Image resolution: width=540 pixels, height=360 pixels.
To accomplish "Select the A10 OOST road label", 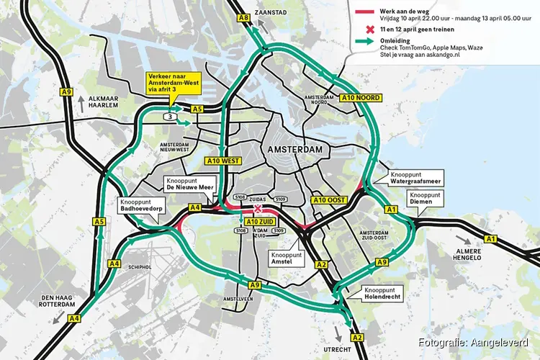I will coord(330,199).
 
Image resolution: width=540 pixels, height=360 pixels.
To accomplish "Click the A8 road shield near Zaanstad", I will coord(243,17).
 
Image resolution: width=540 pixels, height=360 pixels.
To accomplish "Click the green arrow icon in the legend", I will coord(371,42).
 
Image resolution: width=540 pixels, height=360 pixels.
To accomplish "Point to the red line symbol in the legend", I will coord(371,12).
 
